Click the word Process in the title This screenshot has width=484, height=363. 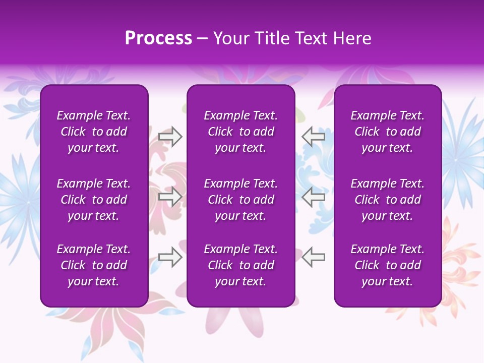coord(158,38)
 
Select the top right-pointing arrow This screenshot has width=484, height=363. coord(170,137)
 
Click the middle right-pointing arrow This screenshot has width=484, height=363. coord(170,197)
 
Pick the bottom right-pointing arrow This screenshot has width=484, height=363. coord(170,257)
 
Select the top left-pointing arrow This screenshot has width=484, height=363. coord(313,137)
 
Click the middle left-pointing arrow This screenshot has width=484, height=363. coord(313,197)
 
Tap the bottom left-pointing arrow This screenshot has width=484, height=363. coord(313,257)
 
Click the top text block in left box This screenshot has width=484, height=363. coord(94,132)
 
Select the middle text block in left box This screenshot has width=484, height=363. coord(94,200)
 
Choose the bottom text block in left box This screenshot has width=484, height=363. coord(94,265)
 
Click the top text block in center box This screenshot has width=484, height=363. coord(241,132)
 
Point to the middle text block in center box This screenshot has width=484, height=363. coord(241,200)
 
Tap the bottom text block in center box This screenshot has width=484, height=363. coord(241,265)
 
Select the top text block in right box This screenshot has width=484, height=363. coord(388,132)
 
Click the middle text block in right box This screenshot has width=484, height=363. coord(388,200)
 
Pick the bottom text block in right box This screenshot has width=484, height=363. coord(388,265)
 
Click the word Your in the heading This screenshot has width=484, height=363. coord(230,38)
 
